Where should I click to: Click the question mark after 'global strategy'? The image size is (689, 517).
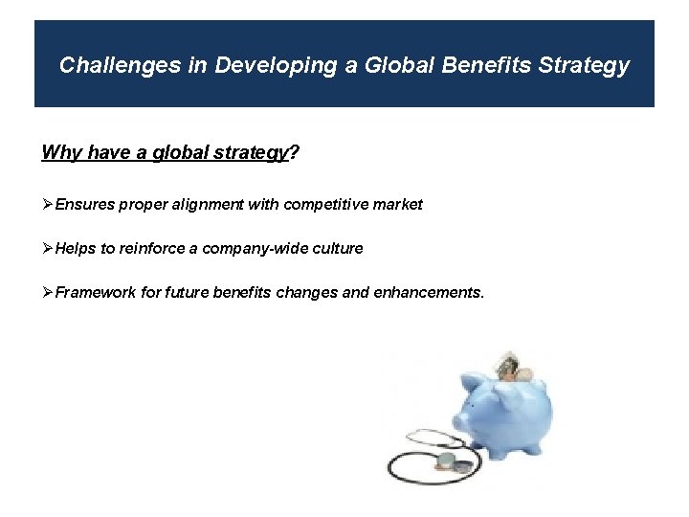293,153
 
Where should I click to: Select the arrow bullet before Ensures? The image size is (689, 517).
48,205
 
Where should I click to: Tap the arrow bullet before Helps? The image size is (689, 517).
48,249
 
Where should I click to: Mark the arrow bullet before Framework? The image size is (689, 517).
48,293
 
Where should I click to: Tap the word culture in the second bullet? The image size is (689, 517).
338,249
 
